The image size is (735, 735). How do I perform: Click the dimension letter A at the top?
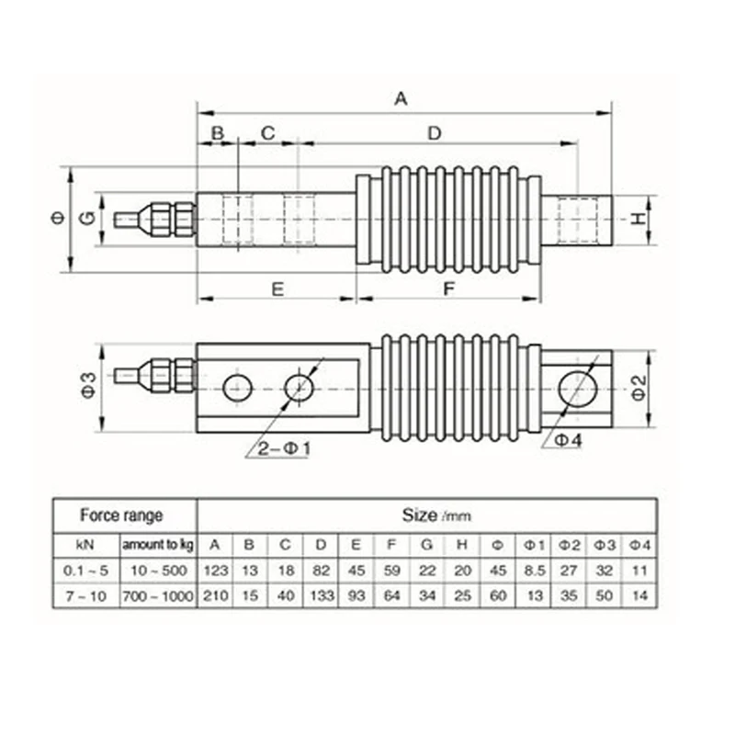tap(401, 98)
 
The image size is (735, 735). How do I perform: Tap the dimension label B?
tap(218, 133)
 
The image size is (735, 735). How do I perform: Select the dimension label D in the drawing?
tap(435, 133)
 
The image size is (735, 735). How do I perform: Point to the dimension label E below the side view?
tap(277, 288)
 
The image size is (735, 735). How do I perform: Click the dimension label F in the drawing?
tap(449, 288)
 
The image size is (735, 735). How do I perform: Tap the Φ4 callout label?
tap(569, 440)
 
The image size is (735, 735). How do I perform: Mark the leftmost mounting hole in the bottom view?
tap(236, 387)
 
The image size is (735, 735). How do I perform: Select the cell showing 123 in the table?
tap(215, 571)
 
